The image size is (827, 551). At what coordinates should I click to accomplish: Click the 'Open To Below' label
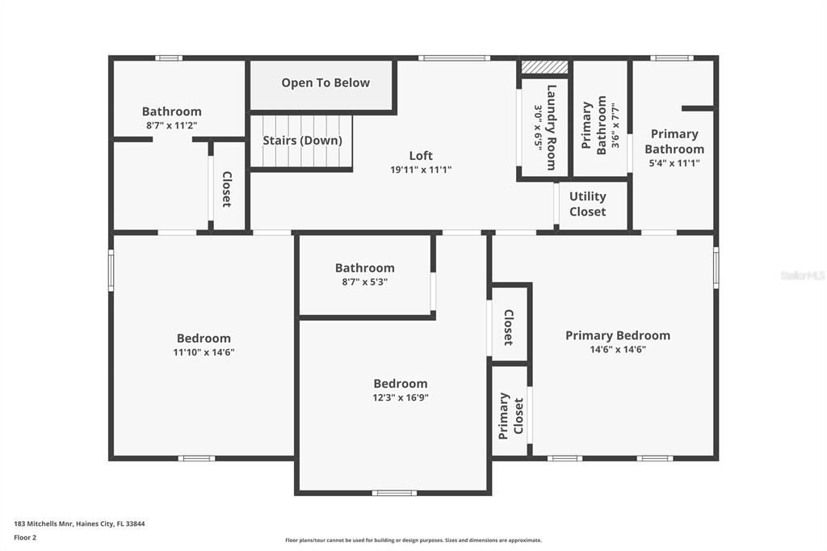tap(325, 82)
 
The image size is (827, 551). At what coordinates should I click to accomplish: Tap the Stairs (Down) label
tap(302, 140)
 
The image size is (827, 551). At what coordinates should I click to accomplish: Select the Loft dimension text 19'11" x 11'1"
tap(421, 170)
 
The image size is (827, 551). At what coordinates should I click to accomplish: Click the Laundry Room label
tap(552, 127)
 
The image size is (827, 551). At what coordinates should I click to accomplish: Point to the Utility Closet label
tap(587, 204)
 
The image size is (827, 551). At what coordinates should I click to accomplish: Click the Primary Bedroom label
tap(617, 335)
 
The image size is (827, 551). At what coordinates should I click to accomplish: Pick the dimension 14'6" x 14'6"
tap(617, 350)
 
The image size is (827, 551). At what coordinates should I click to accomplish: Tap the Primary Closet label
tap(510, 415)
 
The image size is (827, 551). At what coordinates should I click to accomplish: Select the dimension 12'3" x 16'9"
tap(400, 397)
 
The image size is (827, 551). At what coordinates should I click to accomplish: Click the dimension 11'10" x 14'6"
tap(204, 352)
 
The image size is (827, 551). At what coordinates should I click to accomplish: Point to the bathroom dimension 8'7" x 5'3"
tap(364, 282)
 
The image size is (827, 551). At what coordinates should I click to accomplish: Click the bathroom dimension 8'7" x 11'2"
tap(171, 125)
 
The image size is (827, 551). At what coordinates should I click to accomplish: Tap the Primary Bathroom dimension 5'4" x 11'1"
tap(674, 162)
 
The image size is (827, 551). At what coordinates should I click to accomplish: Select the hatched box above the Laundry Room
tap(544, 67)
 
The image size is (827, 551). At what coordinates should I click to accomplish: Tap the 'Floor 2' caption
tap(26, 536)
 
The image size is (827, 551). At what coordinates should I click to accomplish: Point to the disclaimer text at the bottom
tap(413, 540)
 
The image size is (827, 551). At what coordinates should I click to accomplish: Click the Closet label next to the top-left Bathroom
tap(227, 189)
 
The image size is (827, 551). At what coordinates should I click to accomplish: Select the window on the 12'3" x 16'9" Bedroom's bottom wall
tap(394, 493)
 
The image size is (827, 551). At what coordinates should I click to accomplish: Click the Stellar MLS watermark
tap(801, 275)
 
